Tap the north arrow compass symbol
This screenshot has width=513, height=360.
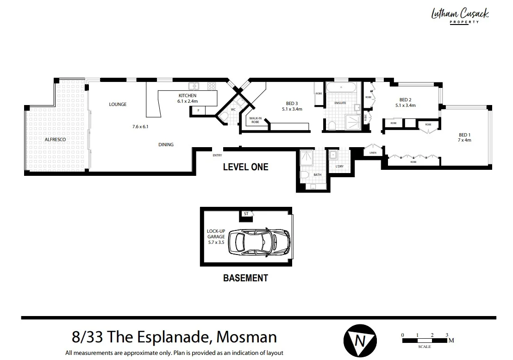tap(357, 341)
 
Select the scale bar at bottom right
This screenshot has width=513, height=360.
tap(425, 341)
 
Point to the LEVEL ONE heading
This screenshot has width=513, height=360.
tap(245, 167)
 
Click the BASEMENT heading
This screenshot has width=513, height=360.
tap(245, 278)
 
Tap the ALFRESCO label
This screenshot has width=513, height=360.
tap(55, 139)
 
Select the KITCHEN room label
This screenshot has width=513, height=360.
tap(188, 96)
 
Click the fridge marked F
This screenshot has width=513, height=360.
tap(198, 111)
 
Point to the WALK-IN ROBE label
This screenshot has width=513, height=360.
tap(256, 120)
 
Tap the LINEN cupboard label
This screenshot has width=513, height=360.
tap(373, 153)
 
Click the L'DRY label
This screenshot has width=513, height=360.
tap(339, 166)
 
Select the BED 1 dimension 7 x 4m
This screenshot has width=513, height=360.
tap(464, 140)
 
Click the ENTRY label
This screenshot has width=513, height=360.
tap(217, 155)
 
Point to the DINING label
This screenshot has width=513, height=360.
tap(166, 145)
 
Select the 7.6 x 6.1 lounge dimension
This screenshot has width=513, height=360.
tap(140, 126)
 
